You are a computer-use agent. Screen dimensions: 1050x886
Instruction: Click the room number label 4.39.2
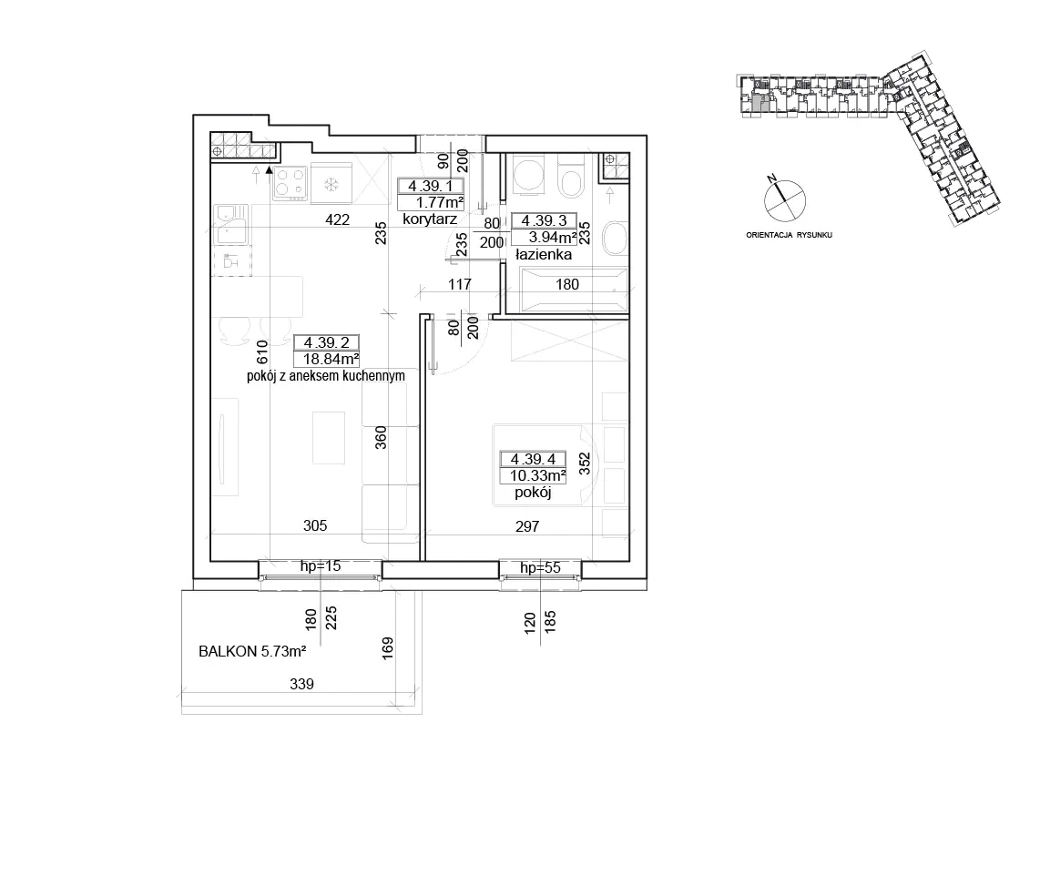point(326,343)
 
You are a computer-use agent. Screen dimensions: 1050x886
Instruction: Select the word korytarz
point(430,219)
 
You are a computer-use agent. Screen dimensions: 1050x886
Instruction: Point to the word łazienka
point(543,254)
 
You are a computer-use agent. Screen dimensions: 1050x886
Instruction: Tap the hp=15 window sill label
point(320,565)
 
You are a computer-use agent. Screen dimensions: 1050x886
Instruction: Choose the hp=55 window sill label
point(540,568)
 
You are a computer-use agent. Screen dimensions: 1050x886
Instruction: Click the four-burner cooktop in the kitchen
point(291,184)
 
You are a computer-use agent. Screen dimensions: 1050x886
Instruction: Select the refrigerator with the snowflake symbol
point(331,184)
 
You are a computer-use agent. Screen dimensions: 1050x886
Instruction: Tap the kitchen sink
point(231,224)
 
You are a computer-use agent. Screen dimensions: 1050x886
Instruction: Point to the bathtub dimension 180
point(566,284)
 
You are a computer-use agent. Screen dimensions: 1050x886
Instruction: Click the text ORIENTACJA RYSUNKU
point(789,235)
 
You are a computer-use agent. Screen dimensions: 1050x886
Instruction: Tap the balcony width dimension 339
point(301,684)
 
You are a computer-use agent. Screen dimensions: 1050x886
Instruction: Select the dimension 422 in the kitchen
point(337,219)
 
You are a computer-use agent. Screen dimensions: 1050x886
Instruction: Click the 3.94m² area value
point(553,237)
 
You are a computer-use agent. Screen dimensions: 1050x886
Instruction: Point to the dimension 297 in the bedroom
point(527,526)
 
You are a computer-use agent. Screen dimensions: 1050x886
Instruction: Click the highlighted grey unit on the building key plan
point(757,103)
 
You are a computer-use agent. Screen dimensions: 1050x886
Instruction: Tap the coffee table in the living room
point(329,437)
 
